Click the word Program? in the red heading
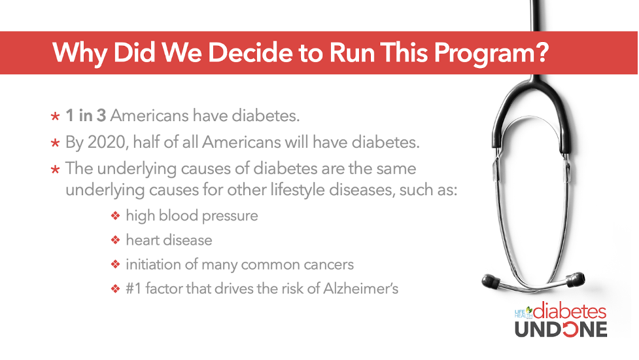(x=491, y=54)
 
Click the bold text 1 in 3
(x=86, y=115)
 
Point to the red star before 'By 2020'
(x=56, y=143)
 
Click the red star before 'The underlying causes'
(x=56, y=169)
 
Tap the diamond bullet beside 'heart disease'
(x=116, y=240)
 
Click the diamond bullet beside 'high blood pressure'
(x=116, y=215)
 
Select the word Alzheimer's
(x=360, y=288)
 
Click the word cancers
(x=330, y=264)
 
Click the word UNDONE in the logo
(x=561, y=329)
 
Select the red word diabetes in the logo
(x=570, y=312)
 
